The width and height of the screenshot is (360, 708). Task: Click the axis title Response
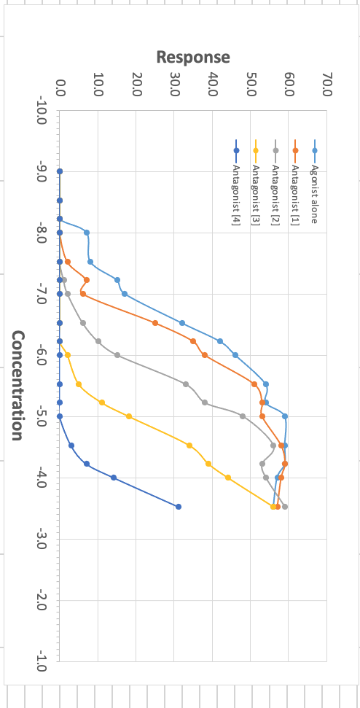[x=193, y=57]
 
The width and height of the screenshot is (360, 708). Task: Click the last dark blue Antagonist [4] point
[x=178, y=507]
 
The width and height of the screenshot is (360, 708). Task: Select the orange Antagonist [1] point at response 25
[x=155, y=323]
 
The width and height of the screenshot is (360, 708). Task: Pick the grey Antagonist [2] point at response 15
[x=117, y=355]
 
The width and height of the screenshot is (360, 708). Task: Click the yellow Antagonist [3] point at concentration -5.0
[x=129, y=416]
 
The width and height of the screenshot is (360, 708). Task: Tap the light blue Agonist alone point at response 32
[x=182, y=323]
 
